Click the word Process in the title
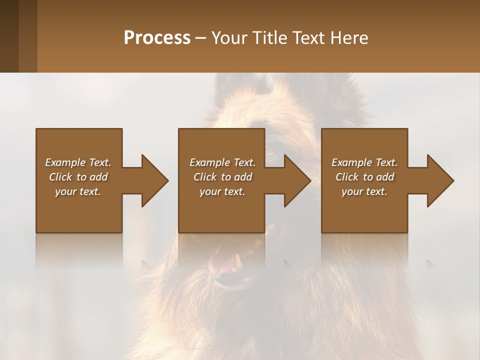click(x=157, y=37)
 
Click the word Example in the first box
click(x=65, y=162)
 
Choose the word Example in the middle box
click(x=209, y=162)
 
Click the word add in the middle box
click(x=243, y=177)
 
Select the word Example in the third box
click(x=351, y=162)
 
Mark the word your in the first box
click(x=65, y=191)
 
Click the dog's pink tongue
click(x=219, y=264)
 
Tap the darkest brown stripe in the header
click(x=9, y=36)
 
